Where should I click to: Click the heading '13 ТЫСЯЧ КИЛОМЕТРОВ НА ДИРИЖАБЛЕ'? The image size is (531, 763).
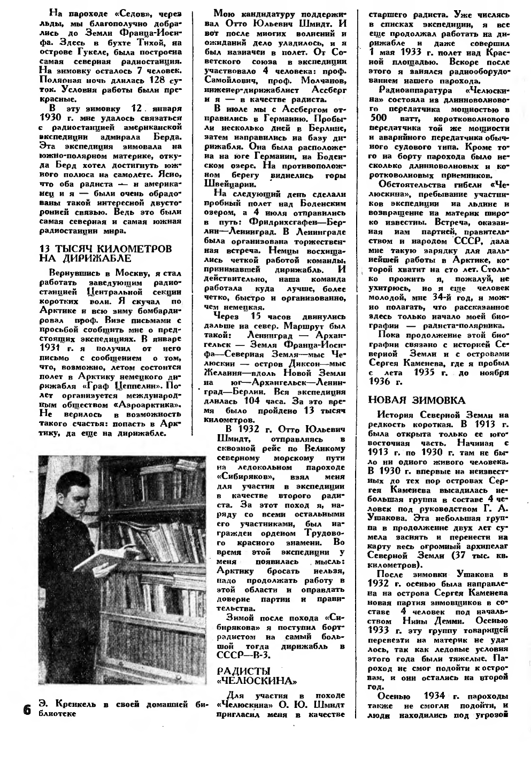[x=106, y=253]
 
